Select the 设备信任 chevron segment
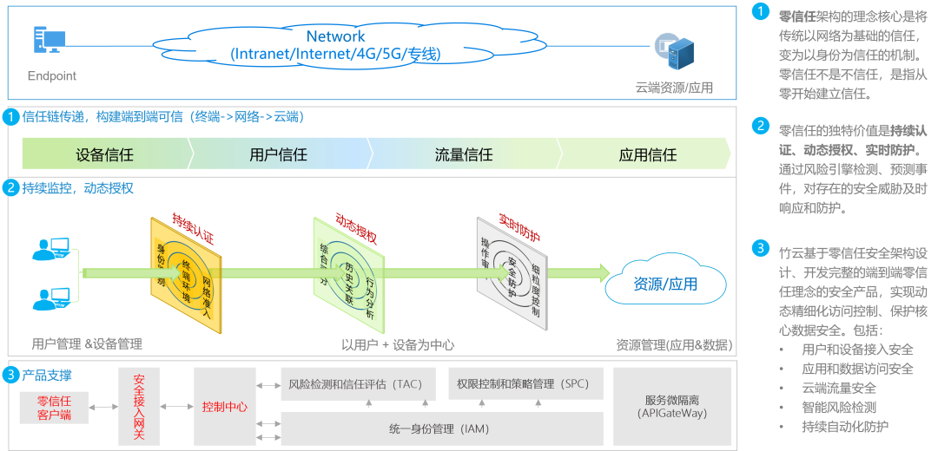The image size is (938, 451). tap(105, 155)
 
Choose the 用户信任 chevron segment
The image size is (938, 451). tap(278, 155)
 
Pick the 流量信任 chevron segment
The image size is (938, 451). tap(464, 155)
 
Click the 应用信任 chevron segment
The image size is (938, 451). tap(647, 155)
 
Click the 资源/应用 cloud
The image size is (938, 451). tap(665, 284)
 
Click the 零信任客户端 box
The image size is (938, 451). tap(54, 408)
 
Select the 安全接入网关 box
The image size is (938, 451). tap(140, 406)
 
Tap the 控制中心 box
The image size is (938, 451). tap(224, 406)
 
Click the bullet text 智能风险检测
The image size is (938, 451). tap(838, 407)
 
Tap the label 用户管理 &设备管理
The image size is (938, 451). tap(87, 344)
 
